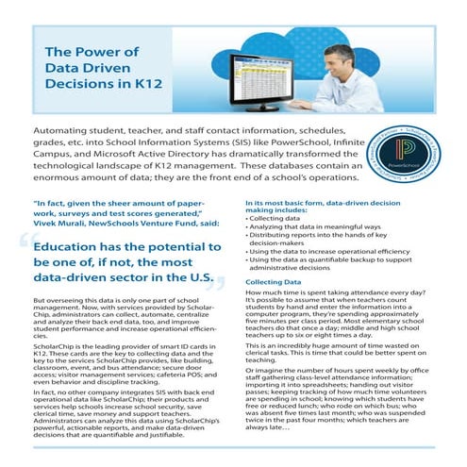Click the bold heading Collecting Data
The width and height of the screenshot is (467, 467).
tap(274, 283)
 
